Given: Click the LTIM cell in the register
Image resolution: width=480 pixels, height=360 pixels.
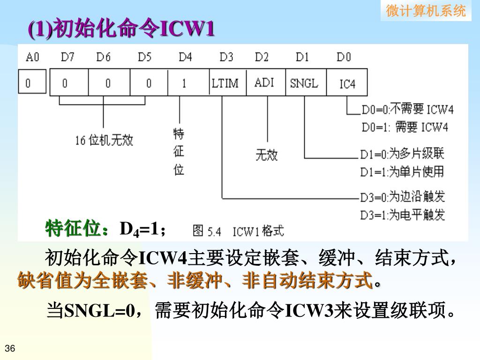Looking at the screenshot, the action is click(x=225, y=83).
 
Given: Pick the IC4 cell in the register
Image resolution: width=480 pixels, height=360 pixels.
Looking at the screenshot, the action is click(x=347, y=84).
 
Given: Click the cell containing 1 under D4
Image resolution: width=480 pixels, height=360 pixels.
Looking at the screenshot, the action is click(x=185, y=83).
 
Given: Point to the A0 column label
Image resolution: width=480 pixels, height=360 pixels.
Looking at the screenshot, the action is click(x=32, y=57).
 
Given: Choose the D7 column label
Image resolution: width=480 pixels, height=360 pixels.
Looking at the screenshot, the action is click(x=67, y=57).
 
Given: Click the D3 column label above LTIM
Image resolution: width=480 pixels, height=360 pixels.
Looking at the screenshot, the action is click(x=226, y=57).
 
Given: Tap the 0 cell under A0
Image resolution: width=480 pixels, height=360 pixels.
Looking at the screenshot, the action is click(x=28, y=83).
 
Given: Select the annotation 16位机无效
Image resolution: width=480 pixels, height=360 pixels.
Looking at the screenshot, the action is click(x=104, y=140).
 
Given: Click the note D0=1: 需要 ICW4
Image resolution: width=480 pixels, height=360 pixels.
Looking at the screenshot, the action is click(x=405, y=127).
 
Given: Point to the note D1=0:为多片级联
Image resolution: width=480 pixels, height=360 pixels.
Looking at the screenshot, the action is click(x=402, y=153).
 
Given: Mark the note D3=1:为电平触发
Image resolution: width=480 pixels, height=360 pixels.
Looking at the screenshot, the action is click(x=402, y=215).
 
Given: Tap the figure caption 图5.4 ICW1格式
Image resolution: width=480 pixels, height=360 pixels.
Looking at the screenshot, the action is click(x=238, y=231).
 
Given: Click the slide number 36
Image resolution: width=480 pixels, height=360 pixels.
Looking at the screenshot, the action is click(x=10, y=348).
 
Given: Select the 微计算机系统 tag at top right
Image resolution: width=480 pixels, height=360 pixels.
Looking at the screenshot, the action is click(x=426, y=11).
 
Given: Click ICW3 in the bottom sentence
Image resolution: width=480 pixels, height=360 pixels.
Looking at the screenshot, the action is click(x=309, y=310).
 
